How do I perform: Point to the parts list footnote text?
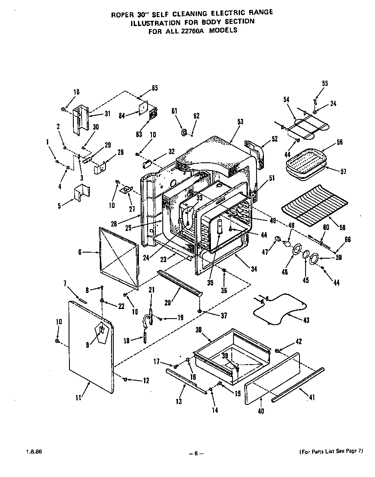pyautogui.click(x=331, y=452)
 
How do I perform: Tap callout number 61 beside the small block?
pyautogui.click(x=174, y=112)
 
